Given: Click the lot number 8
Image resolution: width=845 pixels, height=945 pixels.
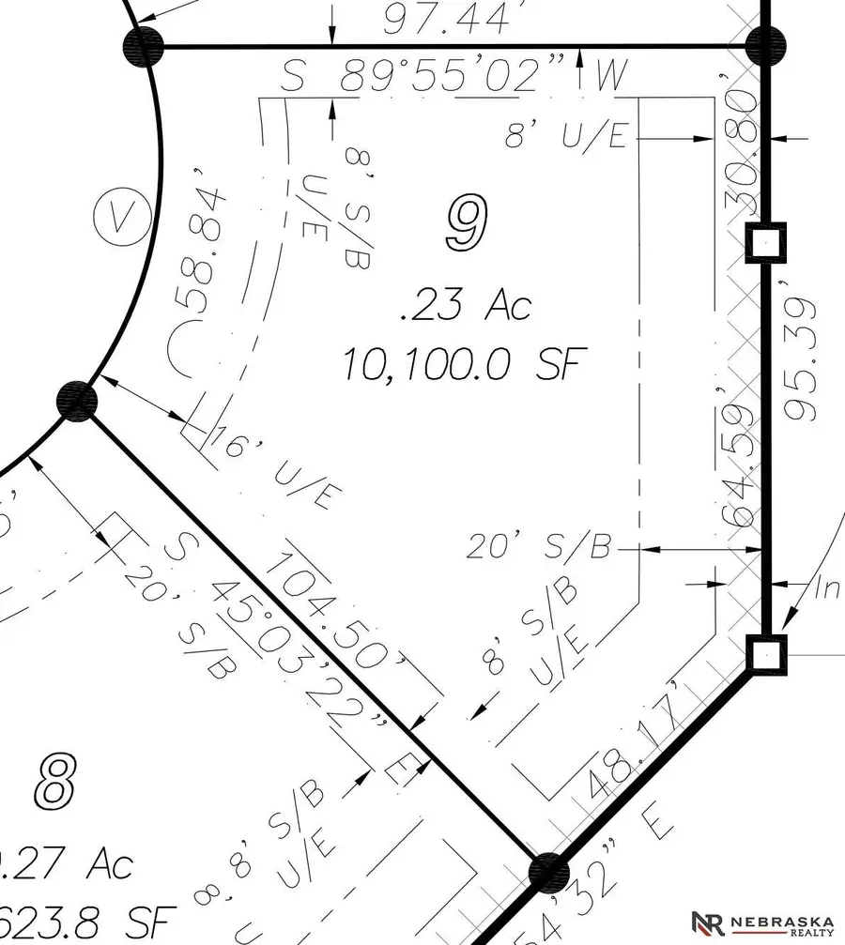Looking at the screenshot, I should click(55, 781).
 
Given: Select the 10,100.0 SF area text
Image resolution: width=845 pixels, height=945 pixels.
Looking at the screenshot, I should click(457, 363).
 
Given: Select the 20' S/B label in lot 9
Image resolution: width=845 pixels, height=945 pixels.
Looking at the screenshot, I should click(541, 546).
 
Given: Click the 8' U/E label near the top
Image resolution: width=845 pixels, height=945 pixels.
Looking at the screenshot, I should click(566, 137).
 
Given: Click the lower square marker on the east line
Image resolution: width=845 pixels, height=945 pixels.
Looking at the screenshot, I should click(766, 653).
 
